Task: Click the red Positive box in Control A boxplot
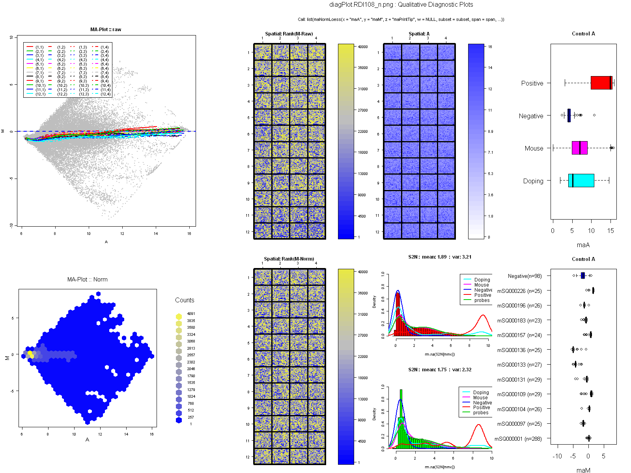point(601,83)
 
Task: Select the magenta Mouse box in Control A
point(579,148)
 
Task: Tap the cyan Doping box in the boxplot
point(581,181)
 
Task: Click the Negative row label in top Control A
point(531,116)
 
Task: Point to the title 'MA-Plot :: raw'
point(106,30)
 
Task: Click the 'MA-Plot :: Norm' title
point(87,279)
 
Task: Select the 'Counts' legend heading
point(185,300)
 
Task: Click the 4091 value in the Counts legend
point(191,314)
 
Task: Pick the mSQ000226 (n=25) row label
point(519,291)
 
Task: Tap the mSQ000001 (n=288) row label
point(518,439)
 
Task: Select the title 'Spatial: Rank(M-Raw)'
point(289,34)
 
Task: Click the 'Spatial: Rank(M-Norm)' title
point(289,259)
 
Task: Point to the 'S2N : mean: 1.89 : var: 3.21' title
point(440,257)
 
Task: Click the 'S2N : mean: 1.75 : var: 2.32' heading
point(440,370)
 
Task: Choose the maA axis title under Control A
point(583,245)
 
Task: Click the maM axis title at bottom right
point(583,470)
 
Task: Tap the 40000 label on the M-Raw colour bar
point(363,47)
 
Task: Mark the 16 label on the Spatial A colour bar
point(490,47)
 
